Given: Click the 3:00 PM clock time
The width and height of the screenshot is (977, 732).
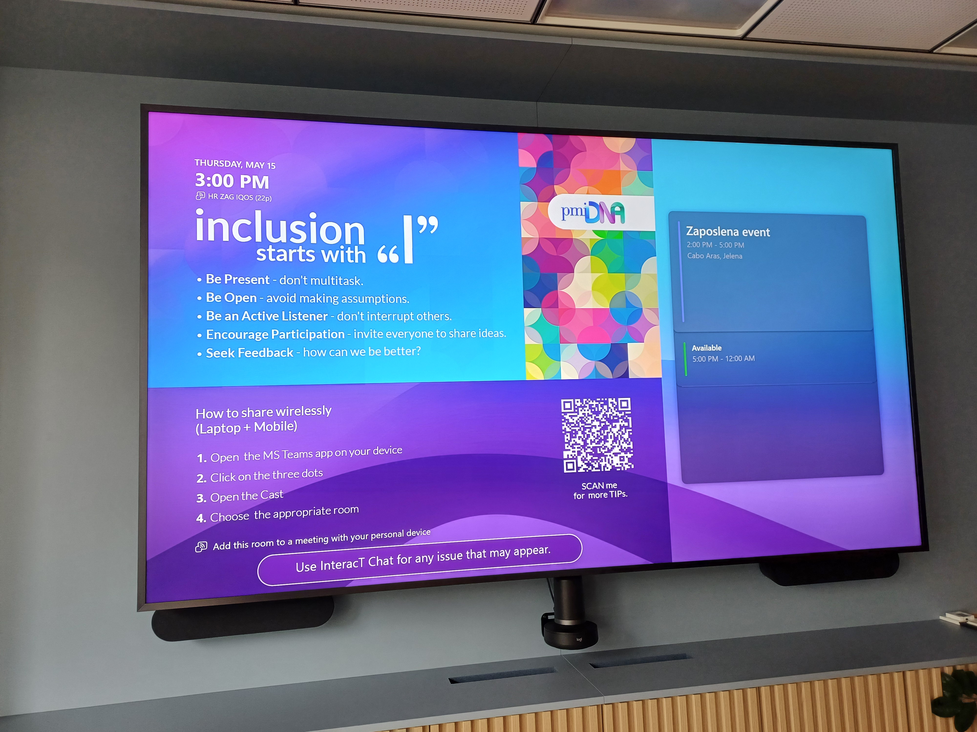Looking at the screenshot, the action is (232, 181).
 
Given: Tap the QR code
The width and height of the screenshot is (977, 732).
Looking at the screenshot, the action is (597, 435).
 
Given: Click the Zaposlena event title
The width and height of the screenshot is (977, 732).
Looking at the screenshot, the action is (728, 232).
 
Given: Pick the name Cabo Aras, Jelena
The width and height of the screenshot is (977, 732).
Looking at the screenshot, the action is (715, 256).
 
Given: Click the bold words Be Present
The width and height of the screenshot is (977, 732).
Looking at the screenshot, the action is (238, 279).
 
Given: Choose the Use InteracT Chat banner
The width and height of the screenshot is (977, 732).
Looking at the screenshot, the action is (420, 559).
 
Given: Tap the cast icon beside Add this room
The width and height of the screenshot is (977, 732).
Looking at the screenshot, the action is (201, 547).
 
